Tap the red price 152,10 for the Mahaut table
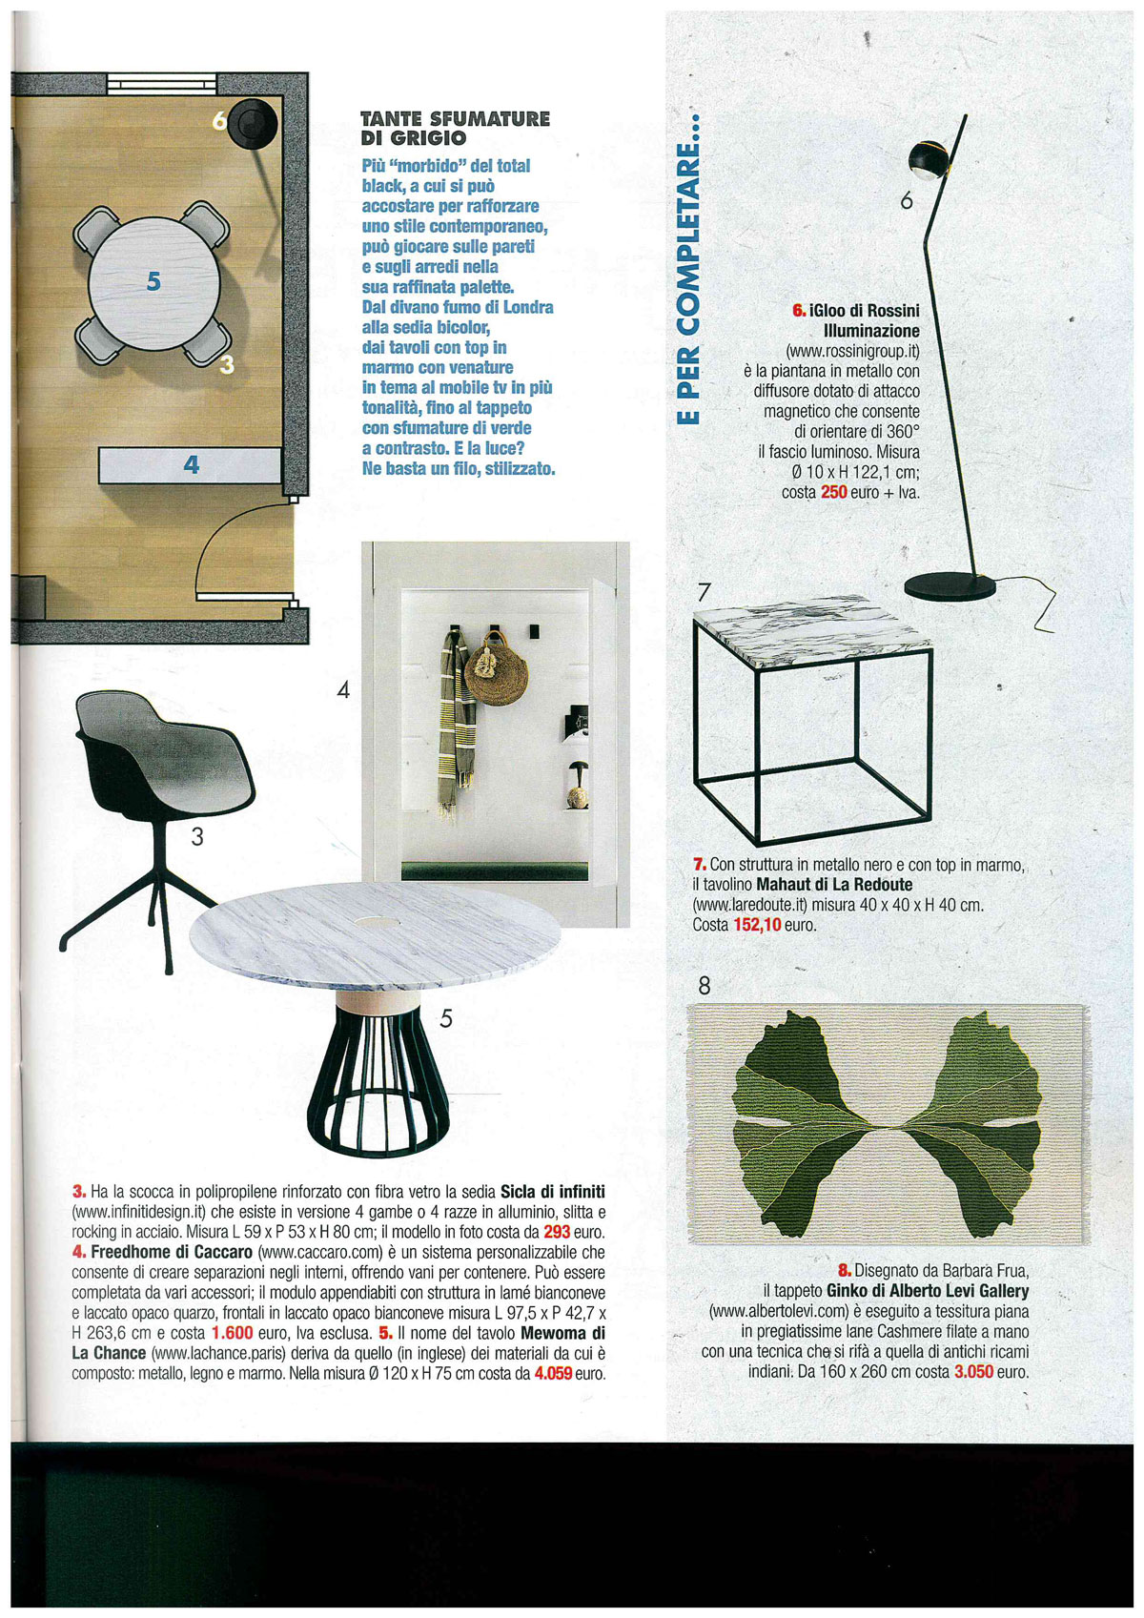click(x=757, y=925)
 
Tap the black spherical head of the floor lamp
click(x=928, y=157)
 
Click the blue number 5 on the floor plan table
click(x=153, y=280)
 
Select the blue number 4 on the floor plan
click(x=192, y=464)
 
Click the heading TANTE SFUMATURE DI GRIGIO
click(x=455, y=128)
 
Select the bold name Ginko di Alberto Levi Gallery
click(x=928, y=1291)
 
